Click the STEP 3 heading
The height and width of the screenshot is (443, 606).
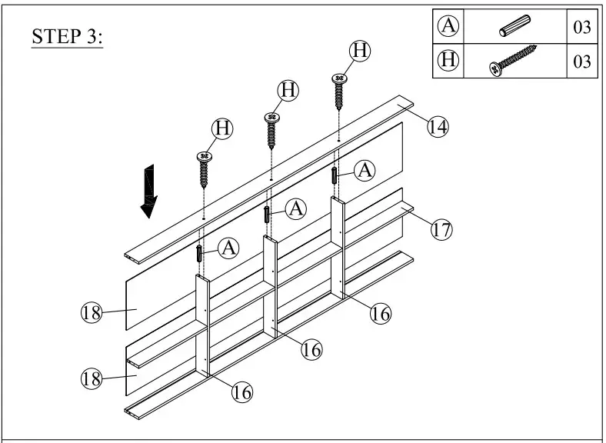(x=67, y=37)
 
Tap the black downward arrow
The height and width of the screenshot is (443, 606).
(x=148, y=193)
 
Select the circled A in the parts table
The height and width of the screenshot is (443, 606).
(x=448, y=27)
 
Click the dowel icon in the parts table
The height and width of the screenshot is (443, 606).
(x=513, y=28)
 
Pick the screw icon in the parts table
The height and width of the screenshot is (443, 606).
(x=513, y=61)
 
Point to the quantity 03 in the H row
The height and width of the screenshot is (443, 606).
(x=581, y=62)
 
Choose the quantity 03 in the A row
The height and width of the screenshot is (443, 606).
(x=581, y=28)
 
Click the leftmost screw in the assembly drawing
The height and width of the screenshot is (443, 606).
(x=205, y=170)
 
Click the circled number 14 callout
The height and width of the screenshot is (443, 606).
(x=438, y=126)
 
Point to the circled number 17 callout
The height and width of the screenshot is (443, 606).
(x=441, y=229)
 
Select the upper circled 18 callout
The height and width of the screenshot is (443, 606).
(x=92, y=312)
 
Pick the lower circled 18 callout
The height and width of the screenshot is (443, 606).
(x=92, y=378)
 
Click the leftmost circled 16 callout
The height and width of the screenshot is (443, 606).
(x=242, y=391)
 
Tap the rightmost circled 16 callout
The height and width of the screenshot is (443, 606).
(x=380, y=313)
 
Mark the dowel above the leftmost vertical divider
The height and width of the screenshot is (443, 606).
(x=200, y=254)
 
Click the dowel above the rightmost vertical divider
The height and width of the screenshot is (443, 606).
(x=335, y=175)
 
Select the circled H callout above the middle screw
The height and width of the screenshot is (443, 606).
(x=288, y=90)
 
